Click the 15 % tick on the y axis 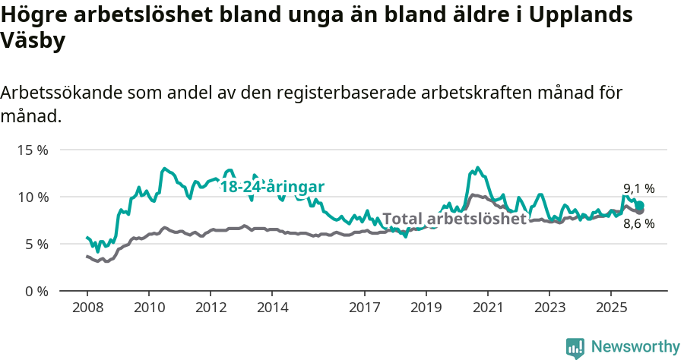coord(32,150)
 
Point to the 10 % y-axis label coord(32,197)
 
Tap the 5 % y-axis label coord(36,244)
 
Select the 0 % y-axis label coord(36,291)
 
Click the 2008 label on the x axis coord(87,308)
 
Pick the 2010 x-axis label coord(148,308)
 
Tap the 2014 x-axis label coord(272,308)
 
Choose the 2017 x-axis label coord(365,308)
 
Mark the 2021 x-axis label coord(488,308)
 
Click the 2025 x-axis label coord(611,308)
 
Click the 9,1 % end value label coord(638,189)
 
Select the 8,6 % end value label coord(638,224)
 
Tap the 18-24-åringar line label coord(273,187)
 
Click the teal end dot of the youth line coord(640,205)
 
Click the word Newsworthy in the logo coord(635,346)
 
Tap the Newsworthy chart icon coord(575,348)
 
